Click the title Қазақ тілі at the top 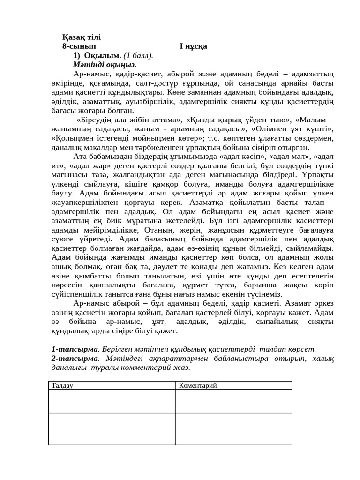click(81, 37)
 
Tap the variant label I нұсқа click(193, 46)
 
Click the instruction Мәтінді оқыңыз click(105, 65)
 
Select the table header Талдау click(62, 385)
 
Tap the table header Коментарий click(197, 385)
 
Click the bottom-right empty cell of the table click(233, 428)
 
